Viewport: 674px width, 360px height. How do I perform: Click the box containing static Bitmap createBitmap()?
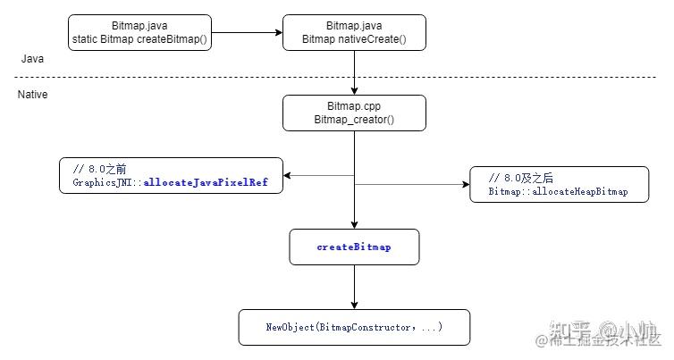(x=141, y=31)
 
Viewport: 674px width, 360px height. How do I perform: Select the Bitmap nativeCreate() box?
(x=354, y=31)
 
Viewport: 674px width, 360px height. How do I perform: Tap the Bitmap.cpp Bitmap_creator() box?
(x=354, y=113)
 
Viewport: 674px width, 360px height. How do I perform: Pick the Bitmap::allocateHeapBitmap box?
(x=559, y=184)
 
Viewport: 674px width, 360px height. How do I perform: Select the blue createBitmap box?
(x=354, y=247)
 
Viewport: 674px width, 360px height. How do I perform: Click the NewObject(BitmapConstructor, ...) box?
(x=354, y=327)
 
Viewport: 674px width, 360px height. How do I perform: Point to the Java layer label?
(x=32, y=59)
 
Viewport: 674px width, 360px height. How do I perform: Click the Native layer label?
(x=33, y=93)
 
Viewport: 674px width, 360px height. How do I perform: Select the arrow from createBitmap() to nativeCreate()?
(x=248, y=32)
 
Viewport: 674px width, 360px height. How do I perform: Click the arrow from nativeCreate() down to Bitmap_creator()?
(x=355, y=72)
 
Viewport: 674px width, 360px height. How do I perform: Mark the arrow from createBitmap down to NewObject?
(x=355, y=287)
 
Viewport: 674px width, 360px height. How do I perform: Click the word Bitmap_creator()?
(x=354, y=120)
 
